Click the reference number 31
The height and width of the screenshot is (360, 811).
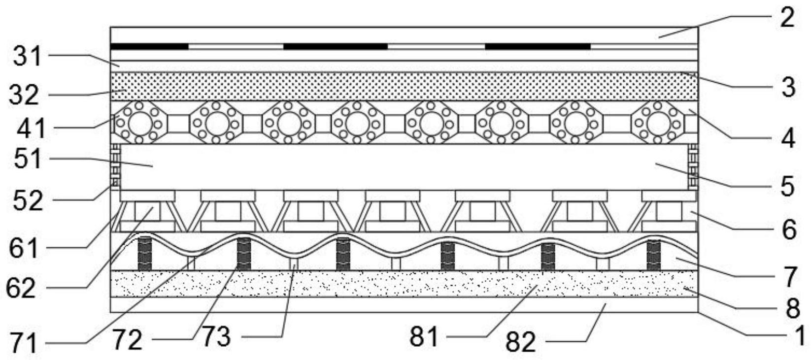point(28,57)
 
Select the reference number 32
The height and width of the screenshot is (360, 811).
point(23,94)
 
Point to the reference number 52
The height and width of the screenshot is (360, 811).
point(29,200)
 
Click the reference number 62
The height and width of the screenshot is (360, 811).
point(21,288)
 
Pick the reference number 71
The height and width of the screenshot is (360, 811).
point(24,343)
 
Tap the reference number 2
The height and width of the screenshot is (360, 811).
point(787,17)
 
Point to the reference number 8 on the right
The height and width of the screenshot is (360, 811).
point(792,309)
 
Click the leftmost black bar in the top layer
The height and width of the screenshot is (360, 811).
point(150,47)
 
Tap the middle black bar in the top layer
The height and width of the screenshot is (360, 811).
point(335,47)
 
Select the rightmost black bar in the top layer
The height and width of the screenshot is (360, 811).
point(538,47)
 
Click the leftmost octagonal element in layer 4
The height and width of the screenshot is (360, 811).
point(140,123)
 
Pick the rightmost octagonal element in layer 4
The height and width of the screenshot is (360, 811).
point(658,123)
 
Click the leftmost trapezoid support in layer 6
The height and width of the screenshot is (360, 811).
point(147,212)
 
